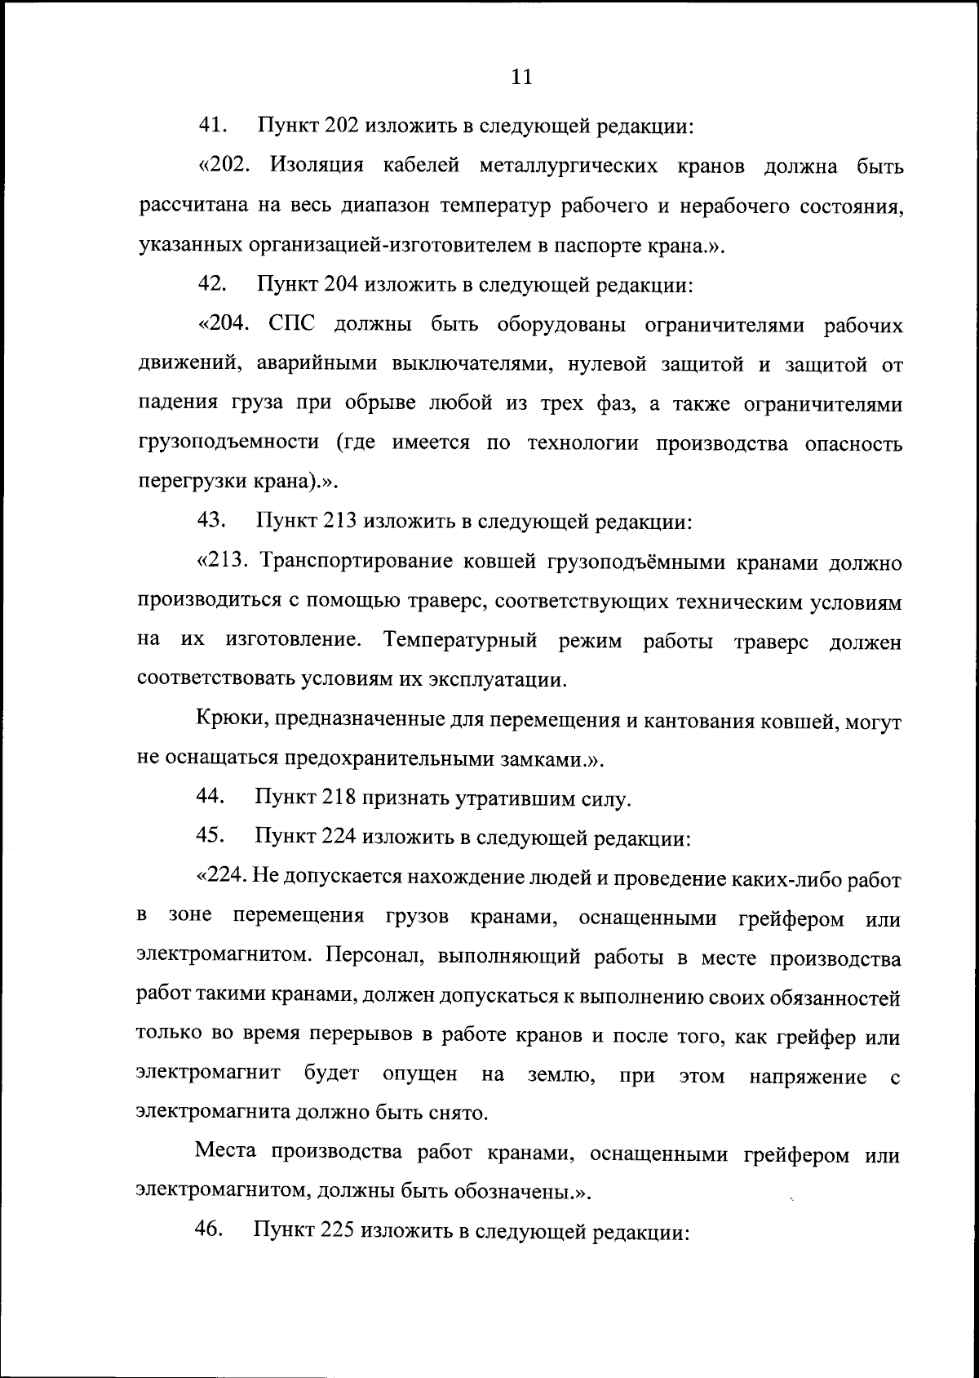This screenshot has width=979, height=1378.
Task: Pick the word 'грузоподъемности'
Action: (228, 444)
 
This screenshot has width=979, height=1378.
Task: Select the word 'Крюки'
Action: (228, 721)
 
